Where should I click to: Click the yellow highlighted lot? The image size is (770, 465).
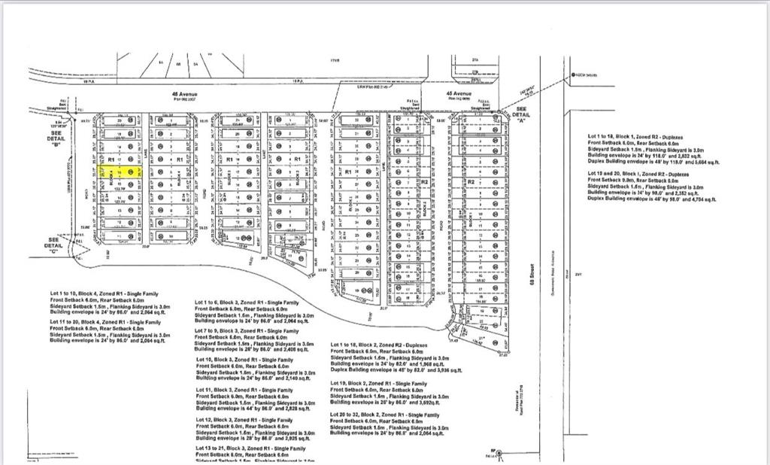pos(120,172)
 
